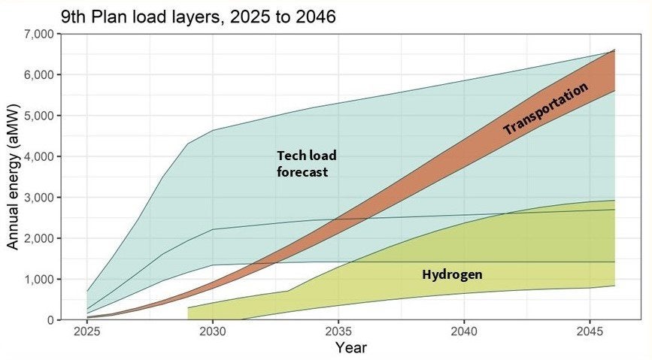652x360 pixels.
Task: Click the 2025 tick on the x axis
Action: coord(87,331)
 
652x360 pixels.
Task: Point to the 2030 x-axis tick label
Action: coord(213,331)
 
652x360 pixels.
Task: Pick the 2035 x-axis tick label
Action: coord(339,331)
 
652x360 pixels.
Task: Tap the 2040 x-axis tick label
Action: coord(465,331)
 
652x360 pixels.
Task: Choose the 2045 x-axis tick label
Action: coord(590,331)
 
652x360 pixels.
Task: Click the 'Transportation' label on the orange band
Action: coord(545,110)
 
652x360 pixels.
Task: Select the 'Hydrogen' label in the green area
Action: coord(452,275)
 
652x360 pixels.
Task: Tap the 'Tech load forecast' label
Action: coord(306,164)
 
